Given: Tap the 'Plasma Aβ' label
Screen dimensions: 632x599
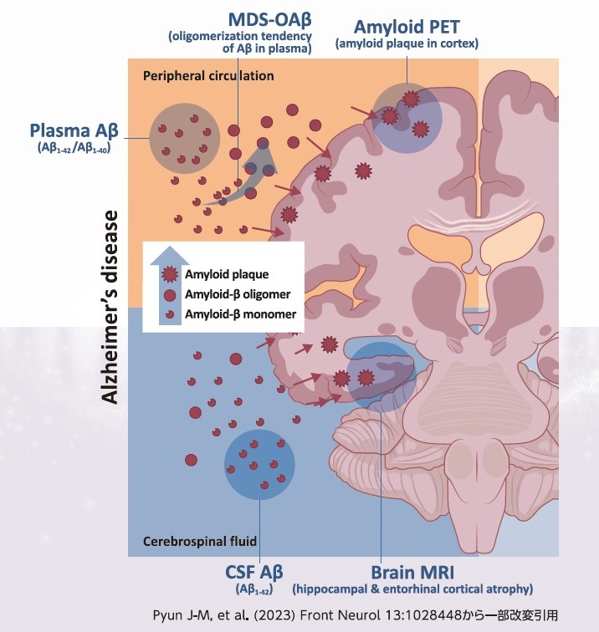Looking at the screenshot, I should point(74,130).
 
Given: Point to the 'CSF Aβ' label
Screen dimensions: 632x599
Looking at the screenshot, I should point(260,574).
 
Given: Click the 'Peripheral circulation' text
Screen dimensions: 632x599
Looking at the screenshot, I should point(208,75).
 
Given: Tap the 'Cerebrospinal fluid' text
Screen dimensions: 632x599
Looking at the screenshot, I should point(199,541).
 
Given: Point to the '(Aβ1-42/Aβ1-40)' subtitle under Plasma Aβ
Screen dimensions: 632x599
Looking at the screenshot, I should point(74,150).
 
